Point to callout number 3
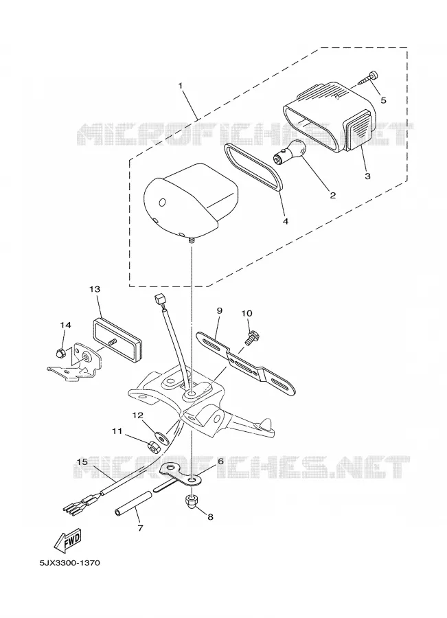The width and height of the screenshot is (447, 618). point(367,176)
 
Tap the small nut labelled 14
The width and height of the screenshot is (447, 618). point(60,353)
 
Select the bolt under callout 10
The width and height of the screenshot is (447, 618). point(249,339)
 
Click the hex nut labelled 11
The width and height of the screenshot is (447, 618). point(152,447)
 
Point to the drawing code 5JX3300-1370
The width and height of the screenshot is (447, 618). point(69,562)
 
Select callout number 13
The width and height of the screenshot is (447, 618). point(95,289)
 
